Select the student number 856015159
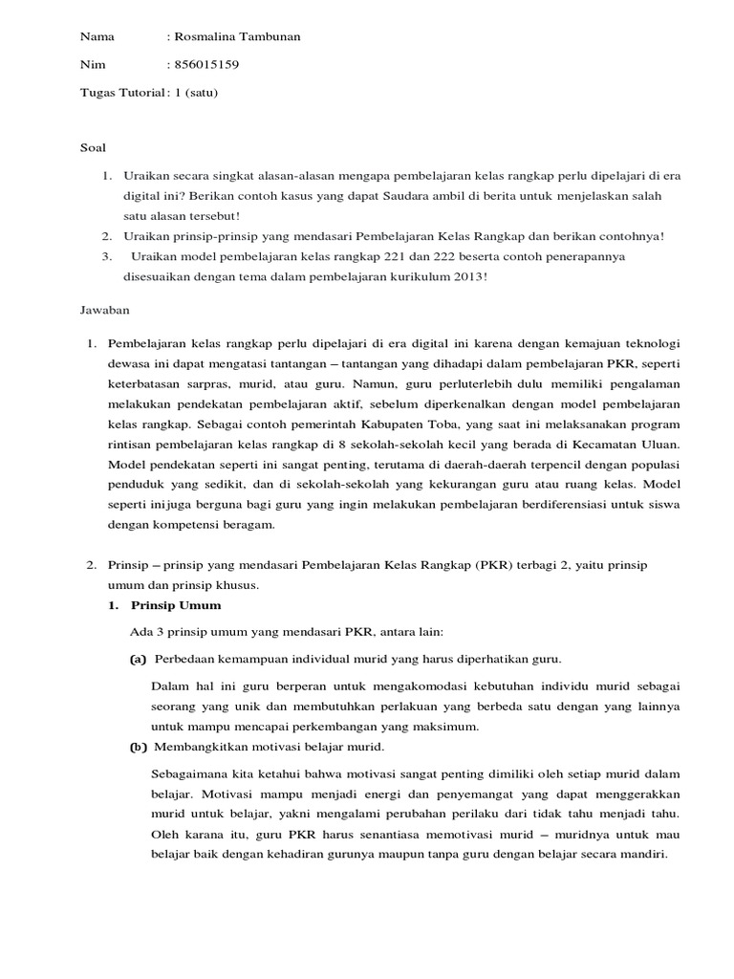(x=205, y=65)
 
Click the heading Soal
(x=93, y=148)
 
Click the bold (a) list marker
(x=138, y=660)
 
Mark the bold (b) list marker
(x=138, y=747)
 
